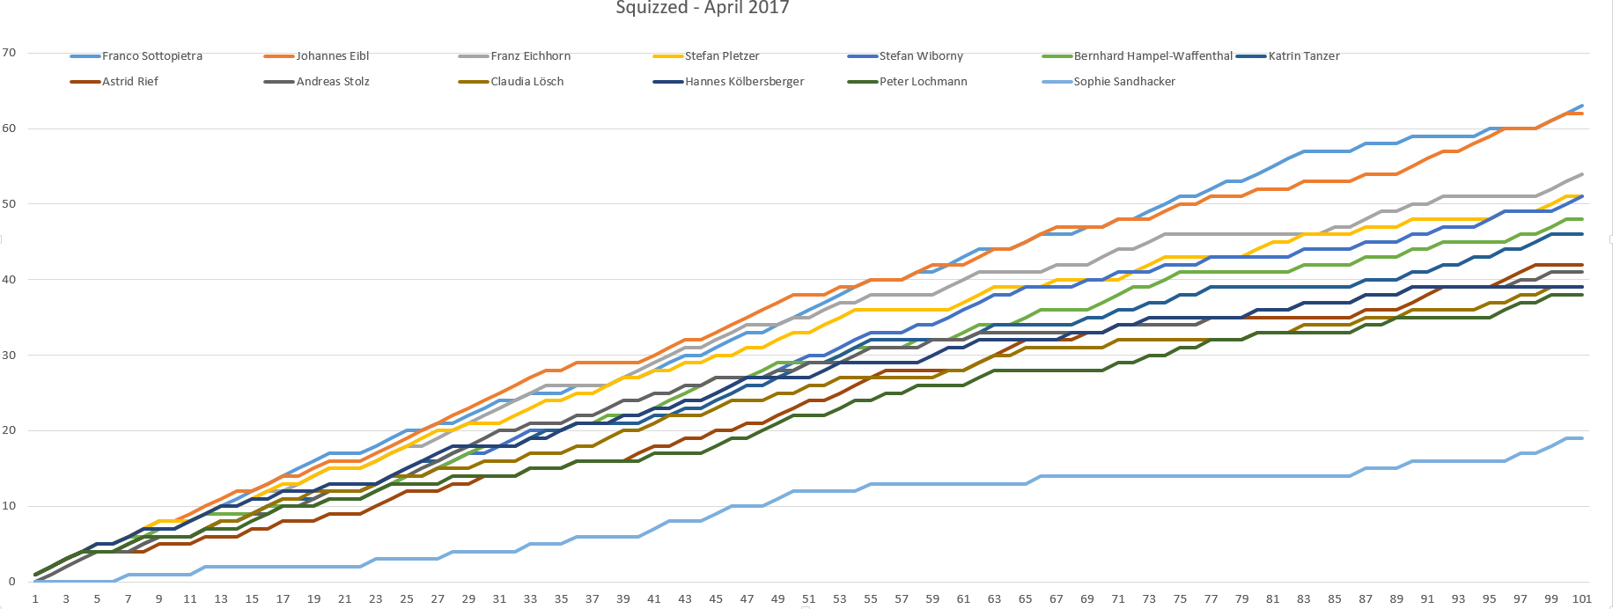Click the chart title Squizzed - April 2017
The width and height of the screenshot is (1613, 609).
[702, 8]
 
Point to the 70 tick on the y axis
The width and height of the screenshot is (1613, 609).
[9, 53]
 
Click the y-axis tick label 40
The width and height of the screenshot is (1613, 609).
[9, 279]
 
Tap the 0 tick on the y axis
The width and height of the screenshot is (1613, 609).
[11, 581]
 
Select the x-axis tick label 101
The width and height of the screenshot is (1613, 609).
[1581, 598]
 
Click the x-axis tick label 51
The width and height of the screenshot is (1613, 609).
[808, 598]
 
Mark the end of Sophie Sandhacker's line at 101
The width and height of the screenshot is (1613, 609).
[1582, 438]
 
